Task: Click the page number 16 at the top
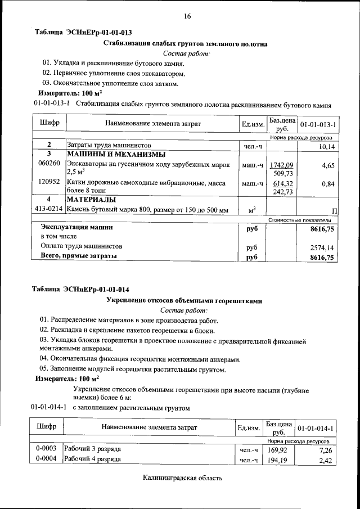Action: coord(187,16)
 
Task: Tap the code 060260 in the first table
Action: coord(49,163)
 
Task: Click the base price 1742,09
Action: coord(282,165)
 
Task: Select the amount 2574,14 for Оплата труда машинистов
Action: coord(322,247)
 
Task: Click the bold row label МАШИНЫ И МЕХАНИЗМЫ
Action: coord(116,154)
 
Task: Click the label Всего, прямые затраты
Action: coord(79,256)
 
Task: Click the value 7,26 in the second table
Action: coord(326,451)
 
